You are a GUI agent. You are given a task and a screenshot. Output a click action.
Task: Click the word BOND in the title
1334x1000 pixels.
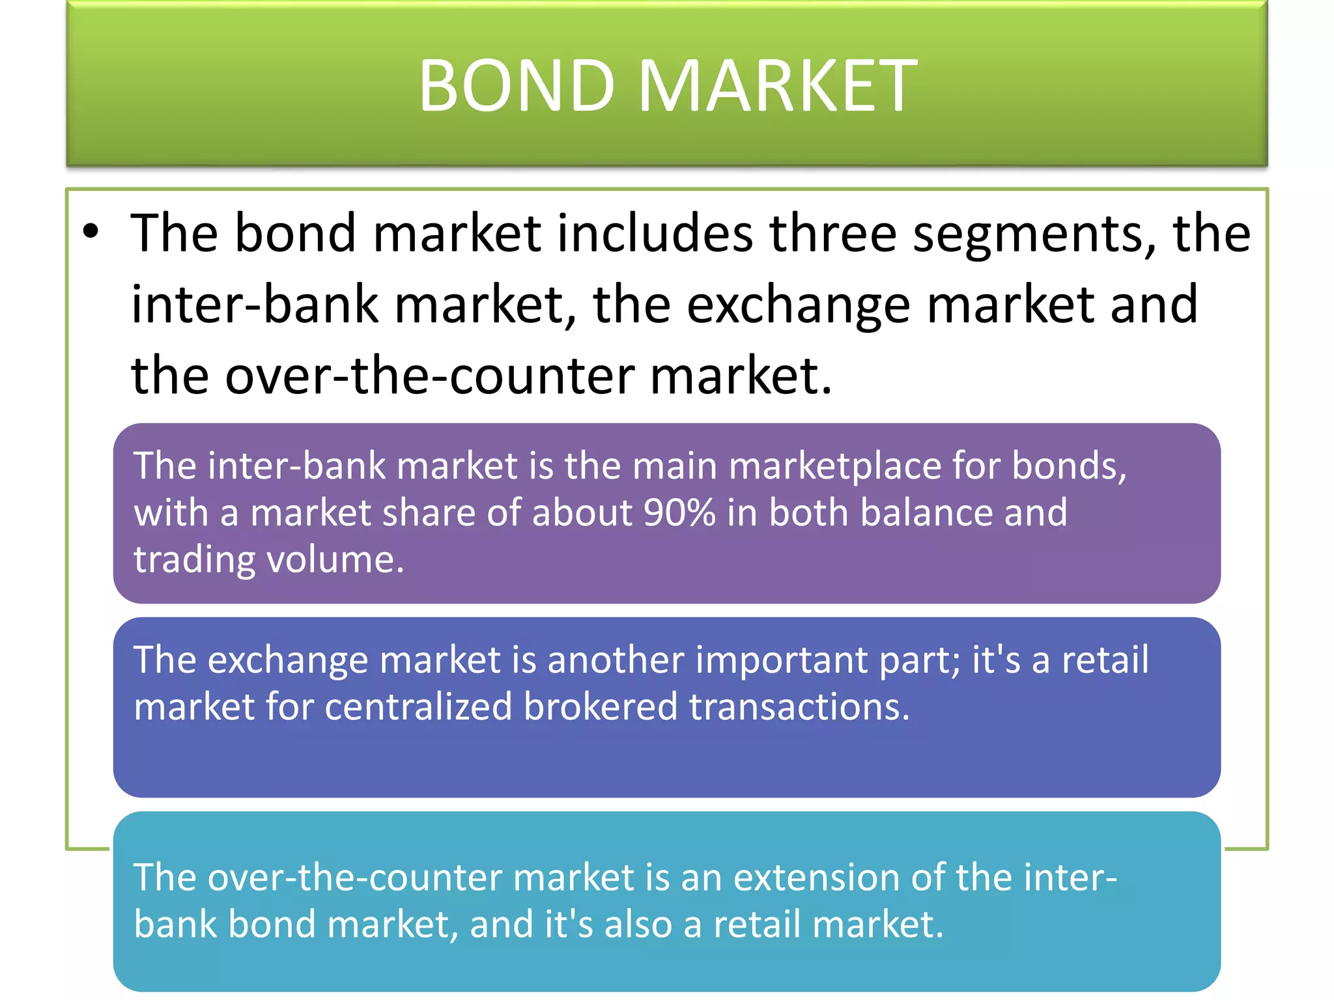coord(516,85)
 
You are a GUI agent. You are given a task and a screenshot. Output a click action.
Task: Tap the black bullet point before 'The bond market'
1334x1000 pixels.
coord(91,231)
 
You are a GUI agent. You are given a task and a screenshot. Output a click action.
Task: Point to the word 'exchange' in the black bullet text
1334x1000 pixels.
coord(798,306)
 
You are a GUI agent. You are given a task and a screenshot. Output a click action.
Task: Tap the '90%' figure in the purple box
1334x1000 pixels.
coord(679,513)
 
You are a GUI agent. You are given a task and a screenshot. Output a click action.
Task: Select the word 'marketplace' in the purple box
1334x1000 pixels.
coord(834,467)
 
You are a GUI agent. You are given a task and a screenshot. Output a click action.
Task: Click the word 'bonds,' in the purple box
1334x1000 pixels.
coord(1069,467)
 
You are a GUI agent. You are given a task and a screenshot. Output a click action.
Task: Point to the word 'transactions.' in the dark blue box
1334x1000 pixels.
coord(799,707)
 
